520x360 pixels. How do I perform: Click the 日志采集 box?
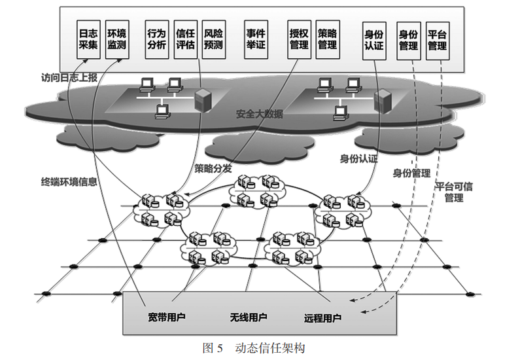pos(88,39)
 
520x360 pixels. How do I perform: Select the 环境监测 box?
pos(117,39)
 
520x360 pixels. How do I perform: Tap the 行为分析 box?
pos(157,39)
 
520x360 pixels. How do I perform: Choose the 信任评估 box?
pos(186,39)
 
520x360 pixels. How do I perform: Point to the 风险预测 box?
pos(213,39)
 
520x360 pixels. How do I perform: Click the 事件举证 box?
pos(256,39)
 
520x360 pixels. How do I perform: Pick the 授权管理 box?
pos(299,39)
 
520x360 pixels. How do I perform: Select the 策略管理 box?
pos(327,39)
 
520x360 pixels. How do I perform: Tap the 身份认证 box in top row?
pos(373,39)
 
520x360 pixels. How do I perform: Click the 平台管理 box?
pos(437,39)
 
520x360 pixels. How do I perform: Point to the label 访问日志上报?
pos(69,77)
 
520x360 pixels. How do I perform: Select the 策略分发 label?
pos(213,168)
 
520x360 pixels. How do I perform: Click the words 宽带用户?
pos(167,318)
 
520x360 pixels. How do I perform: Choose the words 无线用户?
pos(248,318)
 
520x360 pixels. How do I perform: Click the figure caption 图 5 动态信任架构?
pos(260,348)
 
